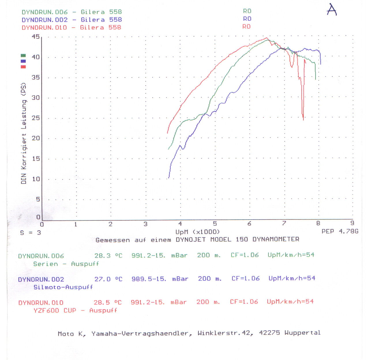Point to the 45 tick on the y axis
click(x=36, y=37)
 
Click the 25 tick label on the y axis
click(x=36, y=118)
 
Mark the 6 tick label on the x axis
click(x=249, y=224)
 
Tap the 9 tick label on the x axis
click(x=352, y=223)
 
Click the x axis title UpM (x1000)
click(x=198, y=232)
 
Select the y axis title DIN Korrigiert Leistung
click(x=24, y=133)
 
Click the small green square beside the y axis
click(x=23, y=55)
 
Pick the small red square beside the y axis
click(x=23, y=67)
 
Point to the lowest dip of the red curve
click(x=303, y=119)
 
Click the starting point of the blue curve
click(x=169, y=178)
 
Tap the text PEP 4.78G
click(x=340, y=231)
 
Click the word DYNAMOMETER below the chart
click(x=276, y=239)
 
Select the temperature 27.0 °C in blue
click(x=108, y=279)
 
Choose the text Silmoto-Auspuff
click(x=63, y=287)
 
